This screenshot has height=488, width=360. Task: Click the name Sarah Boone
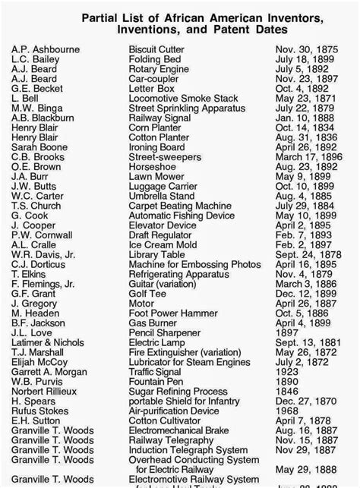tap(39, 147)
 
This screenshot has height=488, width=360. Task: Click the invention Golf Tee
tap(147, 293)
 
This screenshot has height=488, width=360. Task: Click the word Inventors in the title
tap(270, 17)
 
